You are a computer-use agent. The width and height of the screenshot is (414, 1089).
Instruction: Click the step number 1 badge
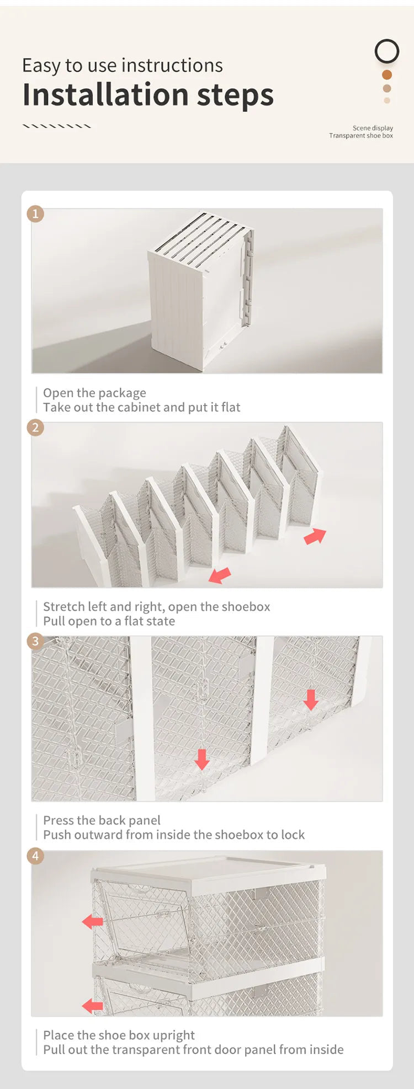tap(35, 213)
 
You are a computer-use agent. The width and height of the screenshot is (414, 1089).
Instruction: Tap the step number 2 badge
tap(35, 427)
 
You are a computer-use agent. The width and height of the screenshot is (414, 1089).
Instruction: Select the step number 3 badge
tap(35, 641)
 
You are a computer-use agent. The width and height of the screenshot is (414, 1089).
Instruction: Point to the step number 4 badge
tap(35, 856)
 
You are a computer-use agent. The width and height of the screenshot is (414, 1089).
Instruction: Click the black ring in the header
tap(387, 40)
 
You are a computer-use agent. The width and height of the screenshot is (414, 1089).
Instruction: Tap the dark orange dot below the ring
tap(387, 74)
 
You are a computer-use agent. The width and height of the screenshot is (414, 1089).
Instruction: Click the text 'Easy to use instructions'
tap(123, 65)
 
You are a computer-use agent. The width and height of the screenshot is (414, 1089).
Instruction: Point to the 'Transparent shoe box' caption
tap(361, 136)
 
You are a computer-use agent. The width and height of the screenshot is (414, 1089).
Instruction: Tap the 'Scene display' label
tap(373, 128)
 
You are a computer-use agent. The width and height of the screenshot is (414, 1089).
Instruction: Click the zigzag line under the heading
tap(57, 126)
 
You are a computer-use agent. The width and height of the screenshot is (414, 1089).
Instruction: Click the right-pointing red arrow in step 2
tap(315, 535)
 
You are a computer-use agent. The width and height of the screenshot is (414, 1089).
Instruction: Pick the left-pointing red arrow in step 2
tap(220, 575)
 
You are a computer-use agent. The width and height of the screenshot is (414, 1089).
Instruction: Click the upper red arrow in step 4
tap(93, 921)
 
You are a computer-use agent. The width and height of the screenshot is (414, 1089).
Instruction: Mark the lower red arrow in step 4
tap(93, 1006)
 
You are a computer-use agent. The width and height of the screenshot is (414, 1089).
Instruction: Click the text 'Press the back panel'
tap(102, 820)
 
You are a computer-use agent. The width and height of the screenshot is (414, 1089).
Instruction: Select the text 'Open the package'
tap(95, 393)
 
